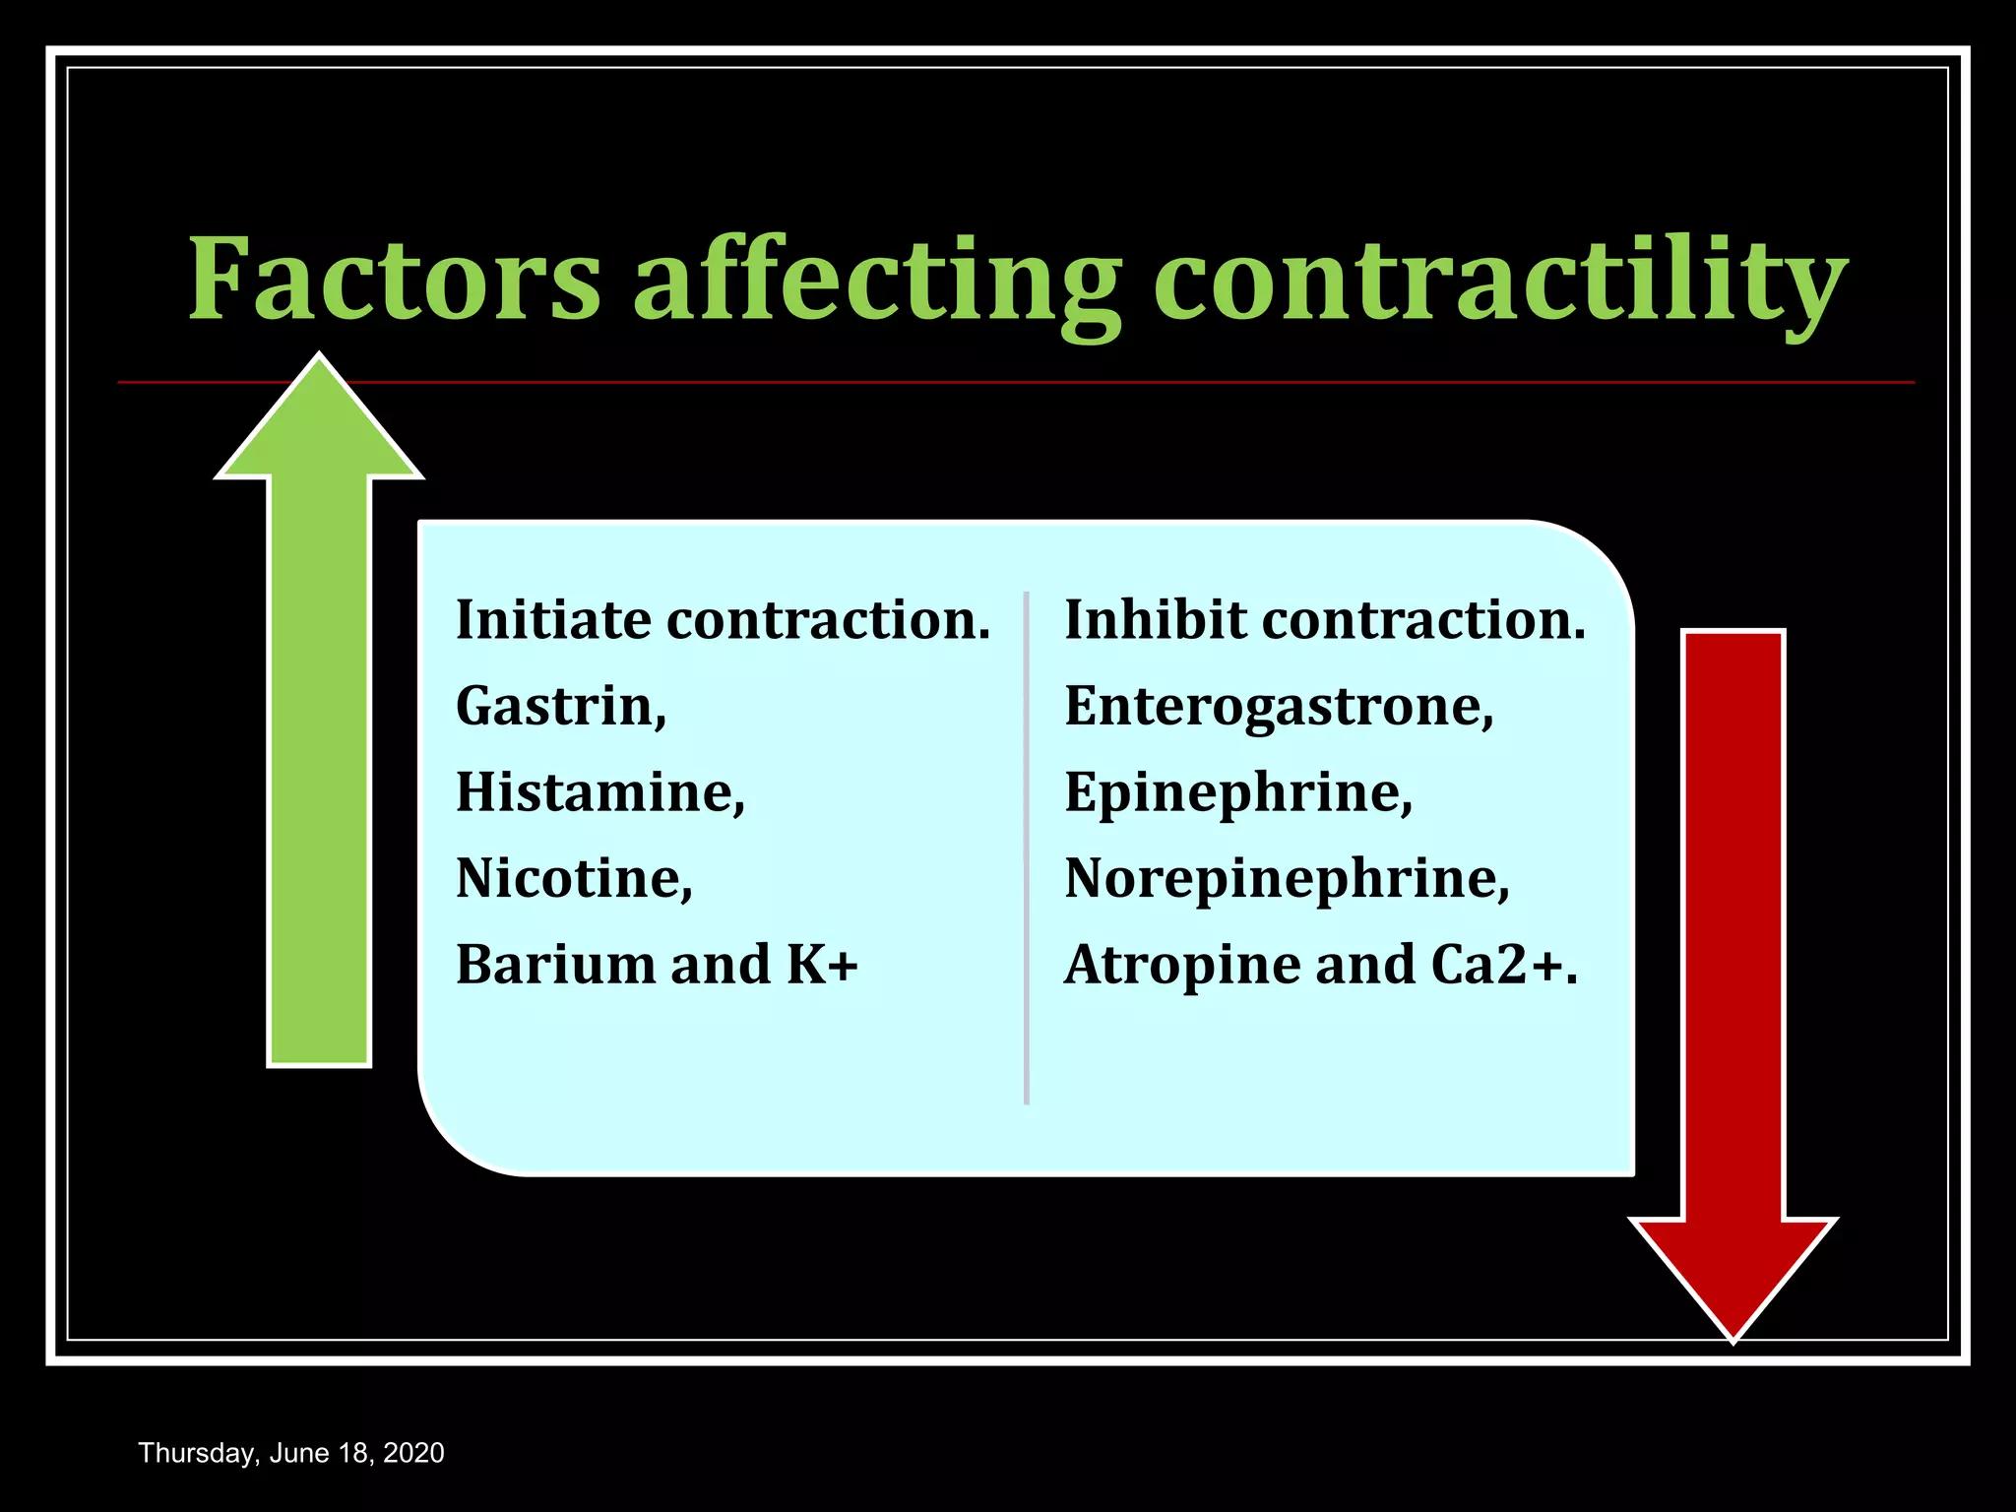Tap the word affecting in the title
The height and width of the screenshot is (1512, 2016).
(x=876, y=281)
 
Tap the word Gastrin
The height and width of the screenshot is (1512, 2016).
(x=557, y=707)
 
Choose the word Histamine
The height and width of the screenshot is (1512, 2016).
(x=597, y=792)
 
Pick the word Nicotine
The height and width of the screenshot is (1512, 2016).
(x=571, y=878)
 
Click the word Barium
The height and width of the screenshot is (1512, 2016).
(x=553, y=965)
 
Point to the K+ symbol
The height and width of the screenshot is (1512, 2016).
(x=822, y=965)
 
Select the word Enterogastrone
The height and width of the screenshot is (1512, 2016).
(x=1276, y=707)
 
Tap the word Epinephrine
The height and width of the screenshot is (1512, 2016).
(x=1235, y=793)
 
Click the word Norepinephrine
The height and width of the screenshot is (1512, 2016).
(x=1284, y=879)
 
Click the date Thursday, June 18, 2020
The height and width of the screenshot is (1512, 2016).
(x=291, y=1453)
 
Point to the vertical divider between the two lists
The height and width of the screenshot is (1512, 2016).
(x=1026, y=847)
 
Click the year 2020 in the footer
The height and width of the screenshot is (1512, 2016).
(x=413, y=1453)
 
